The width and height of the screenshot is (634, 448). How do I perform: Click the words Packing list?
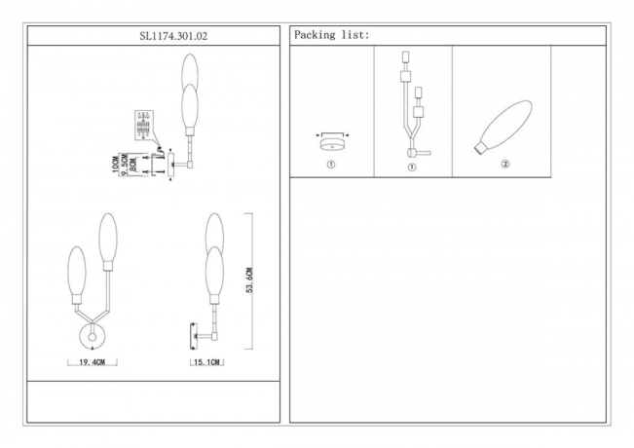(331, 35)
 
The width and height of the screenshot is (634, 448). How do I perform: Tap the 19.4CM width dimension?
(93, 362)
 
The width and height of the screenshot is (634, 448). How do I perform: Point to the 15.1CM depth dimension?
(207, 362)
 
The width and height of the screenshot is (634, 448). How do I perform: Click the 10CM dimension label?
(115, 164)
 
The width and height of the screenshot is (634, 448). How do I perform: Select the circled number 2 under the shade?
(505, 164)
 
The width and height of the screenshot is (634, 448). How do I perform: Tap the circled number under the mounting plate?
(331, 165)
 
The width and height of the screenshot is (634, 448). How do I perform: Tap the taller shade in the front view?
(107, 239)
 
